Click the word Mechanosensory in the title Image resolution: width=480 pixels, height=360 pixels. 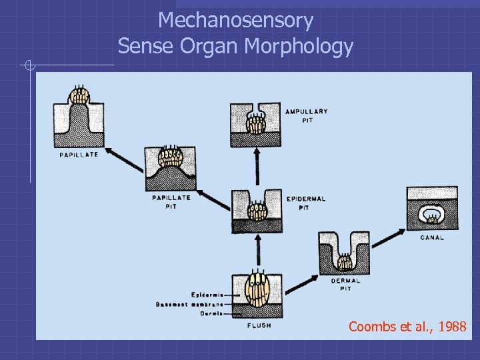coord(235,21)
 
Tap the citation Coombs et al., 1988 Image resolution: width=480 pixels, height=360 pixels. coord(407,327)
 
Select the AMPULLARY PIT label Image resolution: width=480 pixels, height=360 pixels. coord(307,115)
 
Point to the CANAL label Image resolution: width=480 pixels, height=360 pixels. coord(432,237)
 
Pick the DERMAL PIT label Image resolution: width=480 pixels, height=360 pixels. coord(345,285)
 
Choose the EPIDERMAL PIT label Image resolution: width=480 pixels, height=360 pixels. coord(307,203)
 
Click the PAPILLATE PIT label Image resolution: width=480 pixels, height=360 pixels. coord(171,201)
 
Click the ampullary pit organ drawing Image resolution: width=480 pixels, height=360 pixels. coord(256,125)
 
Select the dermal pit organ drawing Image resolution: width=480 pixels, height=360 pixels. coord(344,253)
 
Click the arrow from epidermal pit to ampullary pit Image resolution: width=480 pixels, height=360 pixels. coord(257,167)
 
